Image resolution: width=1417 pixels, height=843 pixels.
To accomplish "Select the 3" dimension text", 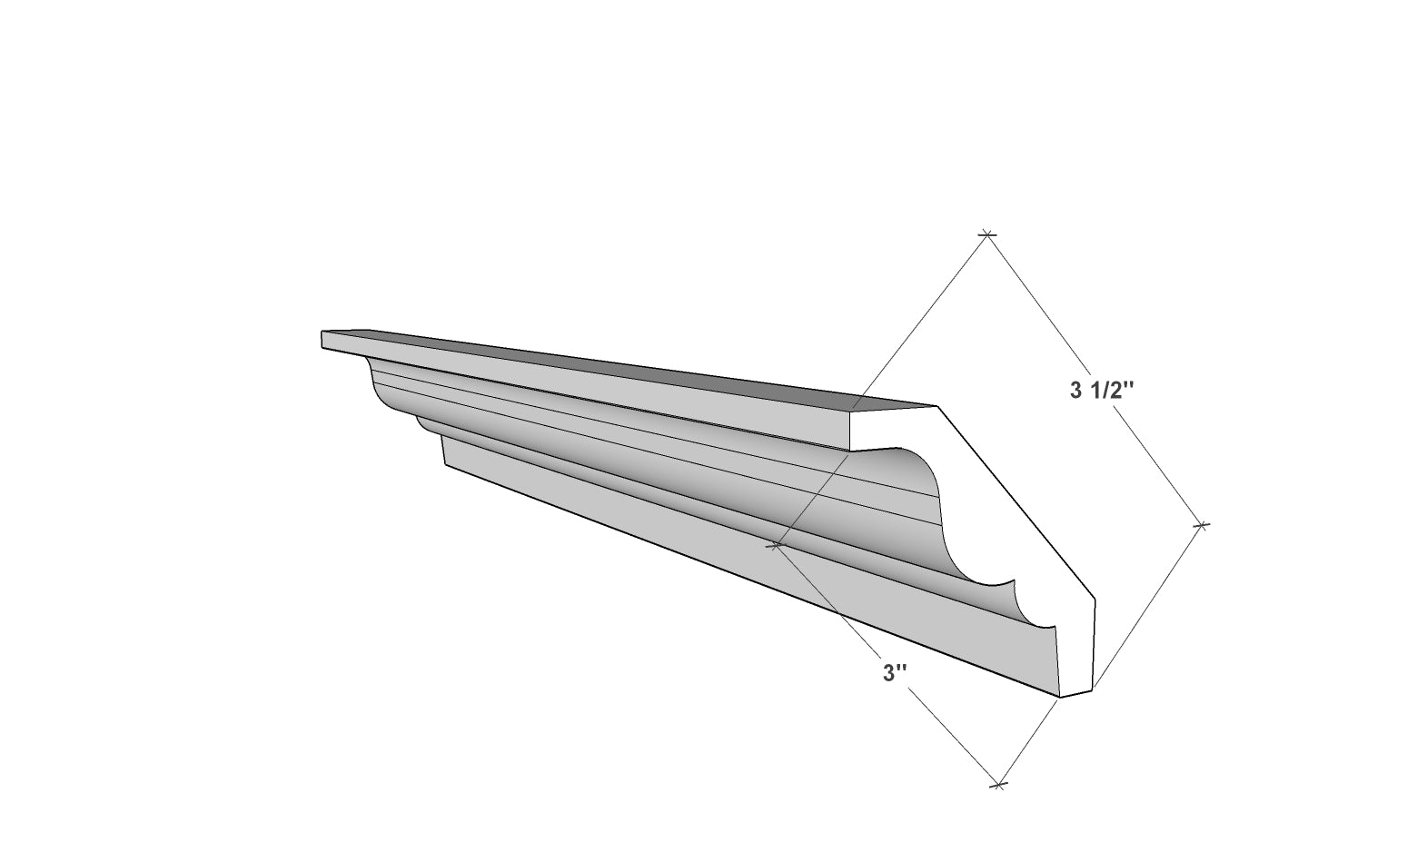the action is (895, 673).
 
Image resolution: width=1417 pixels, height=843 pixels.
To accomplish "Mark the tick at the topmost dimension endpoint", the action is (986, 235).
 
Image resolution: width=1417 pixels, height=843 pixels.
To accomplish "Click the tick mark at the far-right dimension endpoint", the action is (1202, 525).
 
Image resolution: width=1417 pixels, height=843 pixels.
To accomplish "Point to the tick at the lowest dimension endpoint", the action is (997, 785).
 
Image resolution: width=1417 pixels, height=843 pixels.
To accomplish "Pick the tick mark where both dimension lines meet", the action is (776, 544).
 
